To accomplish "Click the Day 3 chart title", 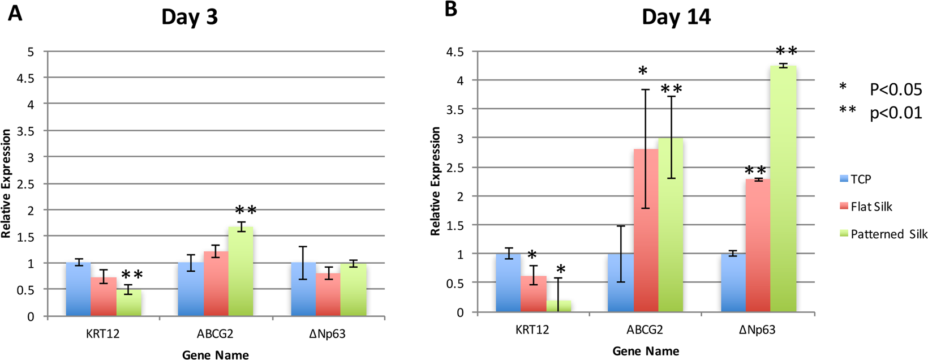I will point(190,16).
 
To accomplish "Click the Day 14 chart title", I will point(676,16).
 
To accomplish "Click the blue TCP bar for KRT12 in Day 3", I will point(78,289).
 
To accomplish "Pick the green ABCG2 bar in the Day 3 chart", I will point(240,271).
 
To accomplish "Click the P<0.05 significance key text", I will point(895,89).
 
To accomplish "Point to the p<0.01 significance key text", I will point(895,113).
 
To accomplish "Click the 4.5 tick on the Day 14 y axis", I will point(454,52).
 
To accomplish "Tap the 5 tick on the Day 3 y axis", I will point(31,52).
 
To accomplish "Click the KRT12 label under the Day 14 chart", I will point(532,329).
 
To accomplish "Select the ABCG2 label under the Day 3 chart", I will point(215,333).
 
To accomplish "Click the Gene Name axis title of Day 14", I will point(646,352).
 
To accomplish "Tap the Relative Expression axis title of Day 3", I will point(6,183).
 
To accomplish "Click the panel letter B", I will point(451,10).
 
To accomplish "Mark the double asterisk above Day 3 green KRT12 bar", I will point(132,276).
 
